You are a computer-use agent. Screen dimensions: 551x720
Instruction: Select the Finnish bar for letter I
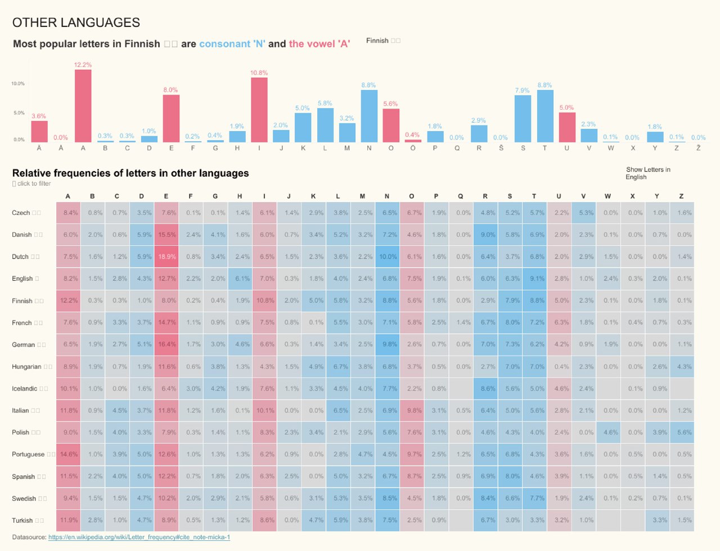coord(259,110)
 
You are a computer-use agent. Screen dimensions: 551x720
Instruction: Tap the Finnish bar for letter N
coord(369,116)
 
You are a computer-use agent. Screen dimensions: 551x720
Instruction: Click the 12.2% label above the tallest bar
coord(83,65)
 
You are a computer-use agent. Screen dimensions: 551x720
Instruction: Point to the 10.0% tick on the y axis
coord(18,84)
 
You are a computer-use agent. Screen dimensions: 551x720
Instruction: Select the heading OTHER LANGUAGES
coord(76,23)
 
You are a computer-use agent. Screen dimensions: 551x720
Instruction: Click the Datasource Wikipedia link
coord(139,537)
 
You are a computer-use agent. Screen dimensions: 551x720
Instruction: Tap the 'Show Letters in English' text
coord(647,173)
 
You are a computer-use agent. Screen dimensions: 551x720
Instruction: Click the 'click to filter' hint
coord(33,184)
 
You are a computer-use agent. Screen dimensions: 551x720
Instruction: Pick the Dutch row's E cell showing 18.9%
coord(166,257)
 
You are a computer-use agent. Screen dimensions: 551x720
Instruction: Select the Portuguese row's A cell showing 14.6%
coord(68,454)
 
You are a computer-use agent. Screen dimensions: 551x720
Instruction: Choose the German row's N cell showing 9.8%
coord(387,344)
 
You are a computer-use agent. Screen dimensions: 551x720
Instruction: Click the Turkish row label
coord(22,521)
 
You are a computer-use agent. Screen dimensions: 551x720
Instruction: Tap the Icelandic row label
coord(25,389)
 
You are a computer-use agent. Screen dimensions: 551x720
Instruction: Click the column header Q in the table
coord(461,196)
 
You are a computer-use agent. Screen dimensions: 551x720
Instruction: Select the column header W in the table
coord(608,196)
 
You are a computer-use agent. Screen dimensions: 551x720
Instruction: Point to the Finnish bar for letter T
coord(545,116)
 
